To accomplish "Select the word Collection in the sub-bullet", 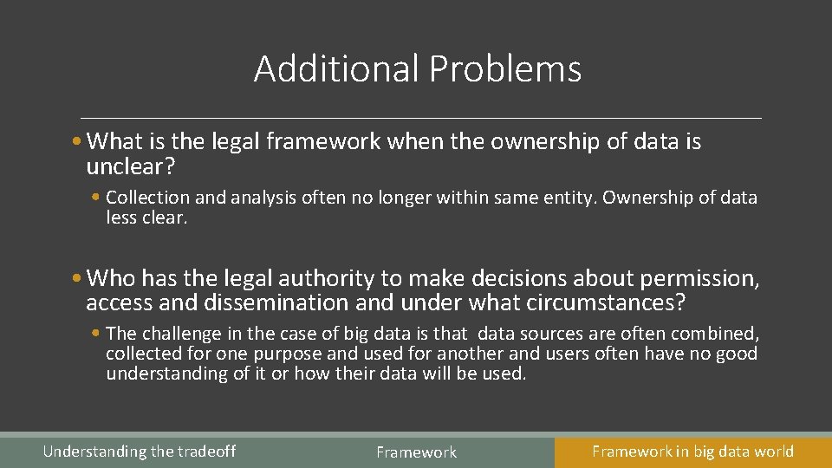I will (x=145, y=198).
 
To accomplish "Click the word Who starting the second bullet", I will (x=111, y=278).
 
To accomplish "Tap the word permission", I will (x=699, y=278).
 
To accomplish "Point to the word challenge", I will (x=179, y=334).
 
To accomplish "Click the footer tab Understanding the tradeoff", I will (x=139, y=452).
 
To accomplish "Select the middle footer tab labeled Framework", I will (x=416, y=452).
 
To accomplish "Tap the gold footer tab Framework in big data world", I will (x=692, y=451).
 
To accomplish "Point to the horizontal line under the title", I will (x=421, y=117).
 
